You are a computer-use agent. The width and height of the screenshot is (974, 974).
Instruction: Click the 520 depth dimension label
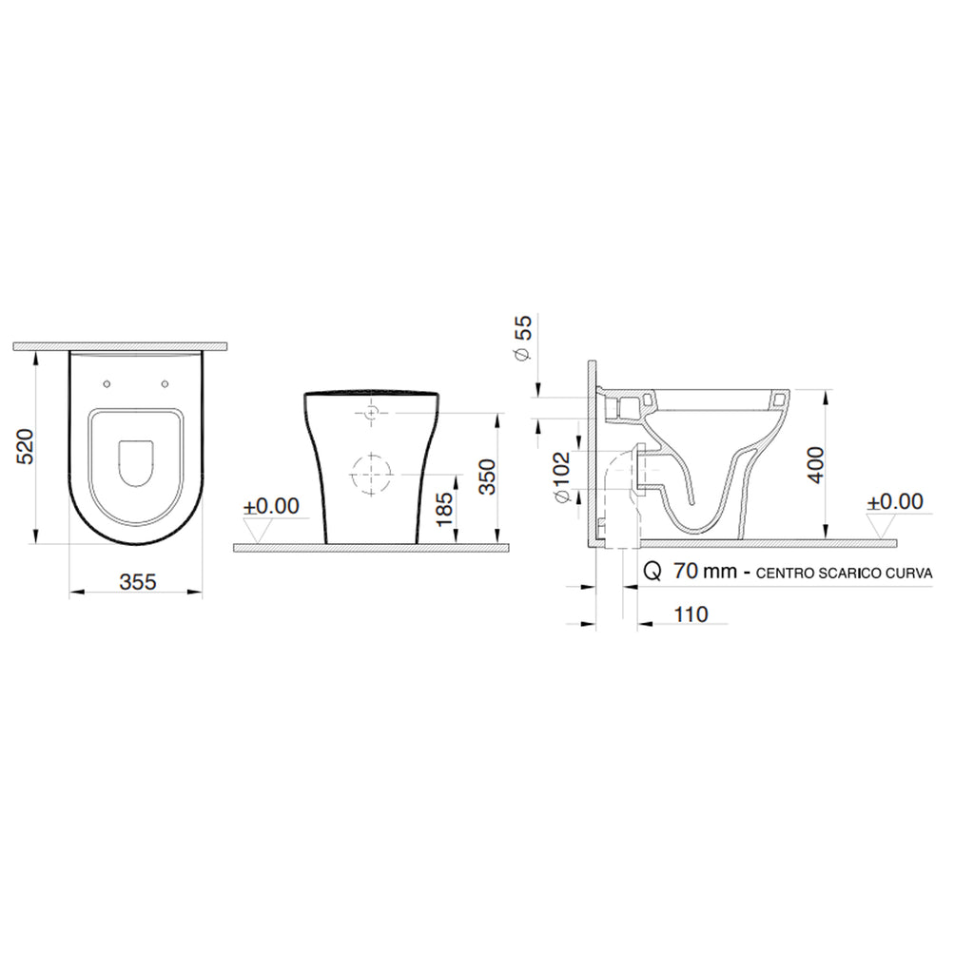[27, 446]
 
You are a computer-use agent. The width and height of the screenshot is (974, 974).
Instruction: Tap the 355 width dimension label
[137, 582]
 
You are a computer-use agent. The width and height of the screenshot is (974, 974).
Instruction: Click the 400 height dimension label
[814, 464]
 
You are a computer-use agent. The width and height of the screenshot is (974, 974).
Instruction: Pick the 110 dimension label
[691, 614]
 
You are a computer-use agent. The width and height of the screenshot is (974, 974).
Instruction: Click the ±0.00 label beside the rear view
[270, 506]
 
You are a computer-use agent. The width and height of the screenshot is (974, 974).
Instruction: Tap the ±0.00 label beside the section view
[895, 501]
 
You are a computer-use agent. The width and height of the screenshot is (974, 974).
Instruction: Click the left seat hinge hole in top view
[105, 384]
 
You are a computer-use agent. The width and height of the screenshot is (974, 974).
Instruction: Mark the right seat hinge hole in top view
[166, 384]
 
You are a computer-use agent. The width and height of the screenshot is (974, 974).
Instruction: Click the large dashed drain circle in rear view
[371, 474]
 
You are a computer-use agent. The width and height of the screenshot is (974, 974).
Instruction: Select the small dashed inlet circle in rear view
[371, 413]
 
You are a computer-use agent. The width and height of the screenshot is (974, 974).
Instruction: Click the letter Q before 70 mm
[653, 572]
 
